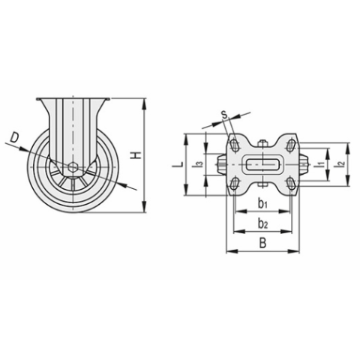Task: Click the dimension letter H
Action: point(136,155)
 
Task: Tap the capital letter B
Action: point(261,243)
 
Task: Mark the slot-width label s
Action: point(224,114)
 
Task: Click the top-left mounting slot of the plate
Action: point(235,145)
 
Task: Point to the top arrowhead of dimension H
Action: point(142,100)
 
